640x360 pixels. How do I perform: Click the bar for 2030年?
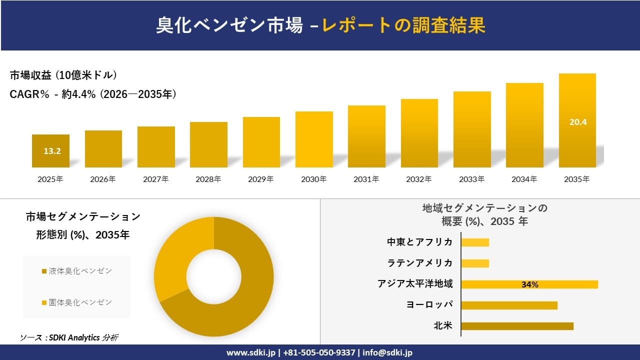pos(314,139)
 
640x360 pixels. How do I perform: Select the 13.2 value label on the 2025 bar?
pos(52,151)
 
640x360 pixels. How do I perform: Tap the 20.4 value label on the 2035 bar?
pos(577,121)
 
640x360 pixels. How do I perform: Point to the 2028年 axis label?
pos(208,179)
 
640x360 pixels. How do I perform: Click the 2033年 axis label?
pos(471,179)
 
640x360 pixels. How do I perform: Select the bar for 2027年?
pos(156,147)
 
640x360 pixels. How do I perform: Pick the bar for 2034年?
pos(524,125)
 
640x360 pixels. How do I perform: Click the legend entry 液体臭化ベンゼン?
pos(77,271)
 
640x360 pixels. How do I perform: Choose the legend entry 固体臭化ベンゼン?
pos(77,302)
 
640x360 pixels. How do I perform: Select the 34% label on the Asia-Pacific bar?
pos(529,284)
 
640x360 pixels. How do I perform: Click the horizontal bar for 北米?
pos(517,326)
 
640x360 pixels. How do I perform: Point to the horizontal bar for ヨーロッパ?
pos(509,305)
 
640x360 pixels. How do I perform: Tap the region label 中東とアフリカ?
pos(419,242)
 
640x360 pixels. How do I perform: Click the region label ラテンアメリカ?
pos(419,263)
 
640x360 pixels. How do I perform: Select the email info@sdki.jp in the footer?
pos(387,352)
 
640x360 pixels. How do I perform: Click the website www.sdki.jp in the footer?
pos(251,352)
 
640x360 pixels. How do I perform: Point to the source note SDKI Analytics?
pos(69,337)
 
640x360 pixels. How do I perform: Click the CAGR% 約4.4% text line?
pos(93,94)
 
